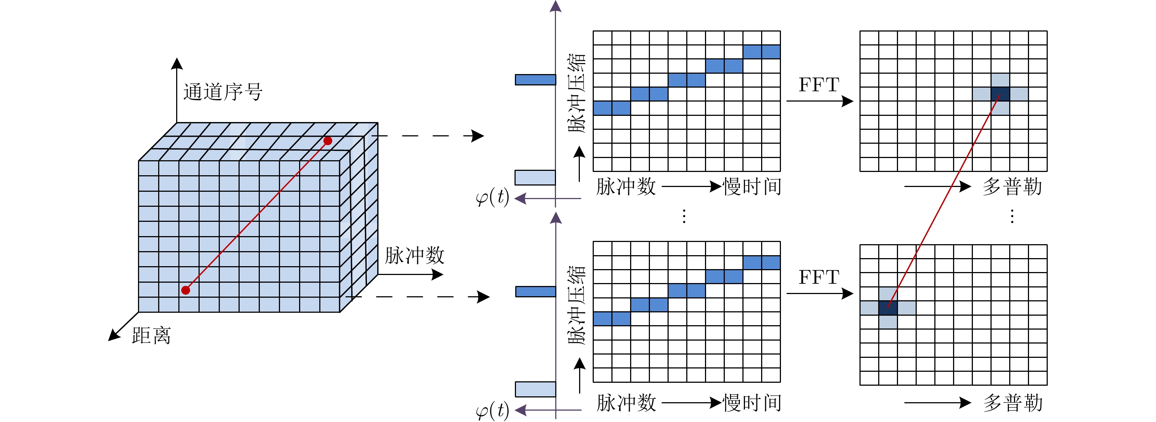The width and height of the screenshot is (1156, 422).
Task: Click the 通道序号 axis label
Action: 223,92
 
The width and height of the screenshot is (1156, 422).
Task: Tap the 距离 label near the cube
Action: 151,335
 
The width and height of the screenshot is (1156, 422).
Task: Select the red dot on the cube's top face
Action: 328,141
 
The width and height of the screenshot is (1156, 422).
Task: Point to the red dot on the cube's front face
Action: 185,290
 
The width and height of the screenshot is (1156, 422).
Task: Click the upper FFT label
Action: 819,85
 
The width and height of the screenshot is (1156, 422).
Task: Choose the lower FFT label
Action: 819,277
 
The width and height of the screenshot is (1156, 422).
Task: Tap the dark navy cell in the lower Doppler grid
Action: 888,308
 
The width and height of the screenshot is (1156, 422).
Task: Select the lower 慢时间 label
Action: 752,403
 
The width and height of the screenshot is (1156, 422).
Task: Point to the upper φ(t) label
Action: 492,197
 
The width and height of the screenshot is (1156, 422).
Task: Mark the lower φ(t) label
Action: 492,410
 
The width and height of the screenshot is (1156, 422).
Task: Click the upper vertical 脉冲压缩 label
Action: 577,93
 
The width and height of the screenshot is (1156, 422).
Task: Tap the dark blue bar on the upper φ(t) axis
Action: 535,80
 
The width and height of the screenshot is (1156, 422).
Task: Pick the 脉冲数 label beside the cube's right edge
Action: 414,256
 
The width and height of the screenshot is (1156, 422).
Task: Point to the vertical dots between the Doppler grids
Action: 1012,216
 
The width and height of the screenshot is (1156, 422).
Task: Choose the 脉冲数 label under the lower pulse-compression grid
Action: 626,403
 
